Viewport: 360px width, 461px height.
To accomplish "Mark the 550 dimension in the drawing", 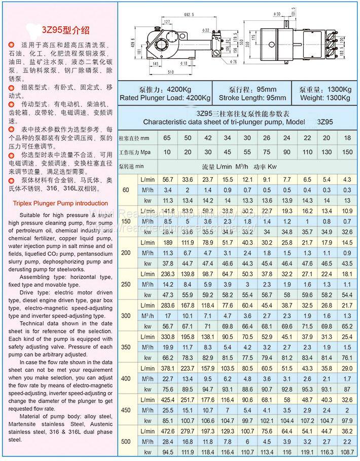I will click(247, 45).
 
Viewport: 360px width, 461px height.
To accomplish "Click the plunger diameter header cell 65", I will click(167, 138).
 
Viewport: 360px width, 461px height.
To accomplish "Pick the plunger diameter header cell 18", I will click(347, 138).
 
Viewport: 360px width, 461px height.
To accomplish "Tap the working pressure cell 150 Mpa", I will click(347, 152).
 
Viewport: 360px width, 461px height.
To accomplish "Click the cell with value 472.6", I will click(167, 431).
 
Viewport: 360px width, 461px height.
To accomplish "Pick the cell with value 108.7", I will click(347, 452).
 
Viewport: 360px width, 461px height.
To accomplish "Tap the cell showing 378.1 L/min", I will click(167, 368).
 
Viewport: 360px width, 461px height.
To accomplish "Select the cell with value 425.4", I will click(167, 399).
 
